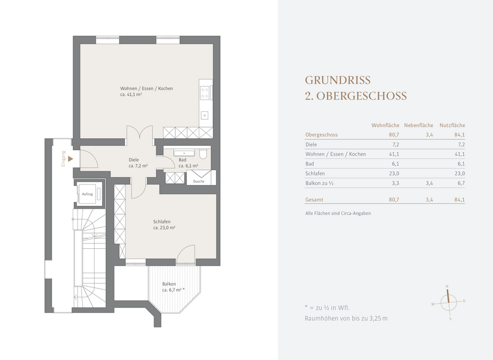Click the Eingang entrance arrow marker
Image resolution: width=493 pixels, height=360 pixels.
(x=71, y=159)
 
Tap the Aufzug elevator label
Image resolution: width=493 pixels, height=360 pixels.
(x=88, y=194)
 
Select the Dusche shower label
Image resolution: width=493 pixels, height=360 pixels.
(x=199, y=181)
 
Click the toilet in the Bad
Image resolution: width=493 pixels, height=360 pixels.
(x=203, y=154)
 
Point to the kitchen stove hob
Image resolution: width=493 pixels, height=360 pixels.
(x=205, y=92)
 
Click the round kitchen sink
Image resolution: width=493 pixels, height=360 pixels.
(x=205, y=116)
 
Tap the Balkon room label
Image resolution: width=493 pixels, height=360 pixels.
(x=169, y=284)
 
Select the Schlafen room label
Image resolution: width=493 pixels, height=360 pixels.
(x=162, y=222)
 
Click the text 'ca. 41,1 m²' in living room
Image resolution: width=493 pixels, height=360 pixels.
(x=131, y=94)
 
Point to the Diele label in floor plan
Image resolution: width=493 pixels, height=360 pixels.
(x=134, y=160)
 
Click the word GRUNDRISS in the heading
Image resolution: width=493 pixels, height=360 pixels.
(x=338, y=80)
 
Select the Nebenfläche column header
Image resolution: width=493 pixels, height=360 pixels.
(x=419, y=126)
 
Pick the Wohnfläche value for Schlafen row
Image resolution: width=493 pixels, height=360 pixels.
(x=394, y=173)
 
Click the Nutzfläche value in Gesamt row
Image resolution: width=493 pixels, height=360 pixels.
(x=459, y=199)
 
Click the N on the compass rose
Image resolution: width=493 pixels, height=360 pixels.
(x=447, y=286)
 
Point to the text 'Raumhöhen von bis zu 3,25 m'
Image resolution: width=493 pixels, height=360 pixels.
(x=346, y=318)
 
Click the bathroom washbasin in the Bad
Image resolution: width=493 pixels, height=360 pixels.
(x=181, y=152)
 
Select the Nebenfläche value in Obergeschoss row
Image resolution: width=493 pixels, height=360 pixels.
(x=429, y=135)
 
